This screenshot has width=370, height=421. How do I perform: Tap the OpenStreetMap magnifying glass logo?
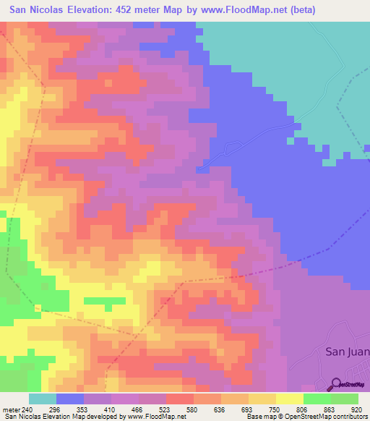pos(335,384)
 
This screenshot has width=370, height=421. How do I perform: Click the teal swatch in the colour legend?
pos(43,399)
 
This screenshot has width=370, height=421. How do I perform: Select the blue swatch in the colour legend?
pos(70,399)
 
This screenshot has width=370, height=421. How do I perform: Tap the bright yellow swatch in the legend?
pos(289,399)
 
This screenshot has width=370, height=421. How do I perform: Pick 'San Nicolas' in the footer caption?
pos(24,417)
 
